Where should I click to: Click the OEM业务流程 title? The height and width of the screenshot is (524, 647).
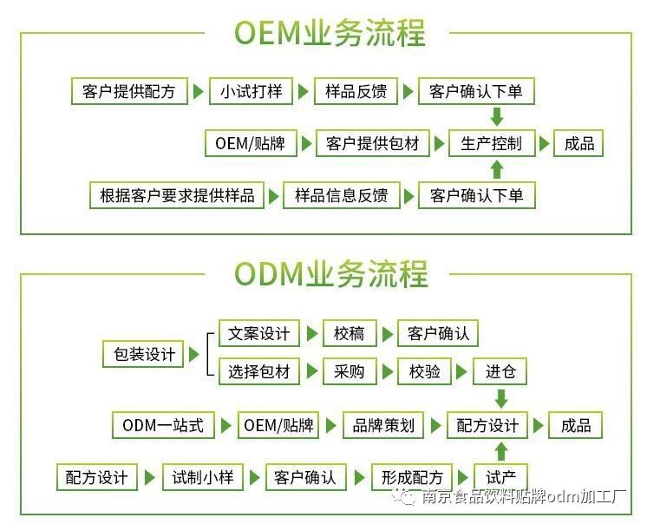tap(330, 34)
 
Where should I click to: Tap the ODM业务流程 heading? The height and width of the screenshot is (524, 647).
tap(330, 274)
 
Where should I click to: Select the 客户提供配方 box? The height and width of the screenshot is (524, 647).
tap(129, 92)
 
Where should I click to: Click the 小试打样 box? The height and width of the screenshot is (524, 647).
tap(251, 92)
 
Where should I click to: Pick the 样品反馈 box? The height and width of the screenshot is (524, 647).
tap(356, 92)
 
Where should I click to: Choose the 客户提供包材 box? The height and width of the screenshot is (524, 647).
tap(373, 144)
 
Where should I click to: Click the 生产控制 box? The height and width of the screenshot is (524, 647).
tap(492, 144)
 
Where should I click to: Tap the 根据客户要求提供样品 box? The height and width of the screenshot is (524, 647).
tap(177, 195)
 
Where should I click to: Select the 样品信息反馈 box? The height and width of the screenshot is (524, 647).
tap(341, 195)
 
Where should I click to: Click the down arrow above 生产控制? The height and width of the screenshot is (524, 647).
tap(497, 117)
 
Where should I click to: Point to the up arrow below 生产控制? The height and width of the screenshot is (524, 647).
tap(497, 169)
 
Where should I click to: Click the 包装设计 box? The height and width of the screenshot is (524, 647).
tap(144, 354)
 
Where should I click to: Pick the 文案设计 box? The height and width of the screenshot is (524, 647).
tap(258, 334)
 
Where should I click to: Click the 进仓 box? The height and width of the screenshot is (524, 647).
tap(500, 373)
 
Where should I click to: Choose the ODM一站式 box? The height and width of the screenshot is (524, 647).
tap(162, 425)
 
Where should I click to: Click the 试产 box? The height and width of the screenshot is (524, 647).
tap(500, 477)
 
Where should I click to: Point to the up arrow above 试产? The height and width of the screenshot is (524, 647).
tap(500, 451)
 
